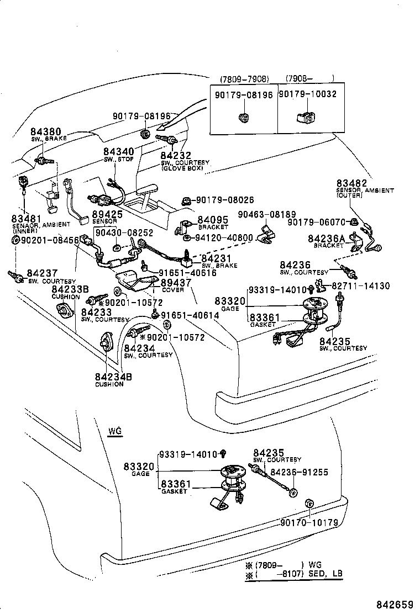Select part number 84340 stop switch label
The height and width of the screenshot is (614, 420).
[118, 152]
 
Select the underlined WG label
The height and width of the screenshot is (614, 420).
[114, 431]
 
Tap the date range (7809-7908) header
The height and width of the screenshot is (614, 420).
[244, 78]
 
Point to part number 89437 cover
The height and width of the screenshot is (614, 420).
[176, 283]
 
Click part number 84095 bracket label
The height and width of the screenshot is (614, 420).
[213, 220]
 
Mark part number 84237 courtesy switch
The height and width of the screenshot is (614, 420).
[42, 274]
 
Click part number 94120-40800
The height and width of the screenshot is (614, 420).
[223, 238]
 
